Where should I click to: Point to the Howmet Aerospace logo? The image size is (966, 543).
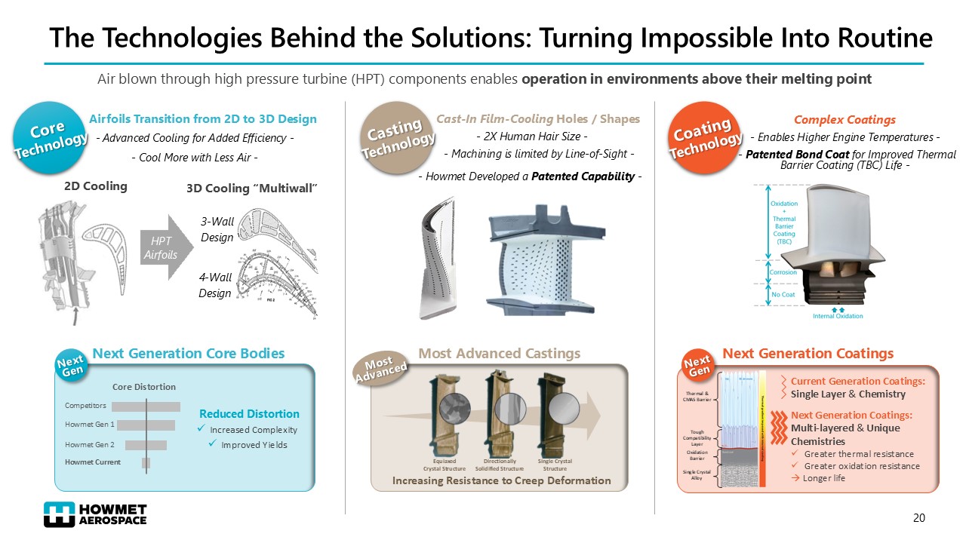point(95,514)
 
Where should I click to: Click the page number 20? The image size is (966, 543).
point(918,518)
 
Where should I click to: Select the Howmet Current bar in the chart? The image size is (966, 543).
point(146,462)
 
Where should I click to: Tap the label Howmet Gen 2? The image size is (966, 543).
point(90,444)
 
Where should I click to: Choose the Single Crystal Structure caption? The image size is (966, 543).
point(555,465)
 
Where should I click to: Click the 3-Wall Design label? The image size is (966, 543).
point(217,229)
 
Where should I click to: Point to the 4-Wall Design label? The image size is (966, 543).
point(216,285)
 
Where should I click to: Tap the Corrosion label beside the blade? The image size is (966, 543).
point(783,272)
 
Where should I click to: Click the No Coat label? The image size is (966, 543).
point(783,294)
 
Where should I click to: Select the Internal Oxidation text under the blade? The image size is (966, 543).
point(838,316)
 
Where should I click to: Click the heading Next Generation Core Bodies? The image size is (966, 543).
point(188,354)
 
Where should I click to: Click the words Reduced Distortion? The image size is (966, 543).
point(249,414)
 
